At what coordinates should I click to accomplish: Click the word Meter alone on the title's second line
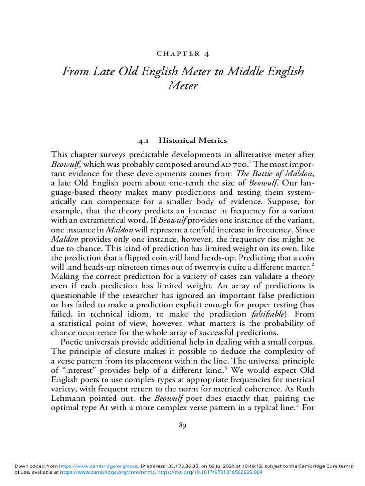(x=182, y=87)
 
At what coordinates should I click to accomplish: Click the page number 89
(x=182, y=425)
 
